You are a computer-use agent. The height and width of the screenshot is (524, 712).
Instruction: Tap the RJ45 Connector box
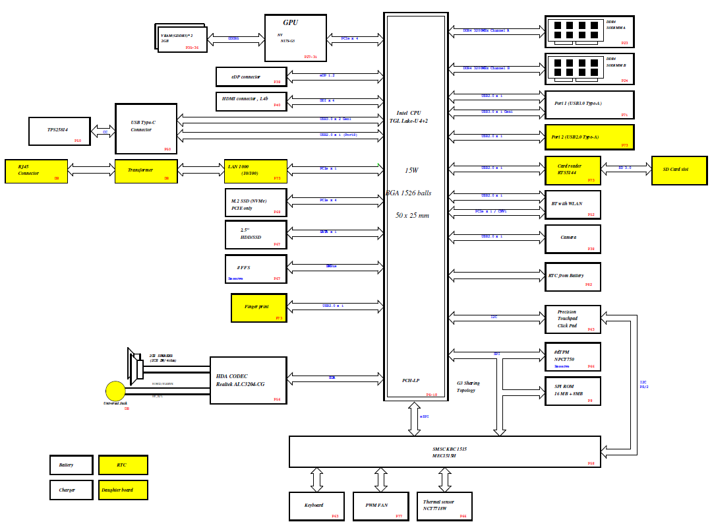(x=36, y=171)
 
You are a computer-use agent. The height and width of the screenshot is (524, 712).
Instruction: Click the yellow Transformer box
(x=146, y=171)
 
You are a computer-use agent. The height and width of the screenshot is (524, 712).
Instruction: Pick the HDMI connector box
(x=251, y=101)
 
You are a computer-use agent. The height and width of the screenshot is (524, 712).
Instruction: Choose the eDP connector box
(x=251, y=77)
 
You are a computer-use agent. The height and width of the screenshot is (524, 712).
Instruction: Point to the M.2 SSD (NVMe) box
(x=256, y=203)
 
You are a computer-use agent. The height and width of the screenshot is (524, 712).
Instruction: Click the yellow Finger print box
(x=258, y=308)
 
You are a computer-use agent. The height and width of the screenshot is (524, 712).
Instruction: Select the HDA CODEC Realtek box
(x=248, y=380)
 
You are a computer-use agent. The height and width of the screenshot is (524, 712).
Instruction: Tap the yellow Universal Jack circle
(x=115, y=391)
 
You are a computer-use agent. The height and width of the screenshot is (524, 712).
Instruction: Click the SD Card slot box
(x=679, y=170)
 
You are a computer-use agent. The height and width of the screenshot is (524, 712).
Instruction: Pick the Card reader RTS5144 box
(x=572, y=170)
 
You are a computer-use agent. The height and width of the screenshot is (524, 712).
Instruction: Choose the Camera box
(x=572, y=239)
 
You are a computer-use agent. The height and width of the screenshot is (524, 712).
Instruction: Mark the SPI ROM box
(x=572, y=391)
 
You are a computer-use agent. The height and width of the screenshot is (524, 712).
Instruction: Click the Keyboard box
(x=316, y=506)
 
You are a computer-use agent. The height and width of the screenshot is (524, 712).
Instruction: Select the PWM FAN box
(x=381, y=506)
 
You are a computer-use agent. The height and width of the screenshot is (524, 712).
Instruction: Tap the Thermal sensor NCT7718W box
(x=444, y=506)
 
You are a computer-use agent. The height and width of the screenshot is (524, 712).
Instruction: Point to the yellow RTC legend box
(x=123, y=465)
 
